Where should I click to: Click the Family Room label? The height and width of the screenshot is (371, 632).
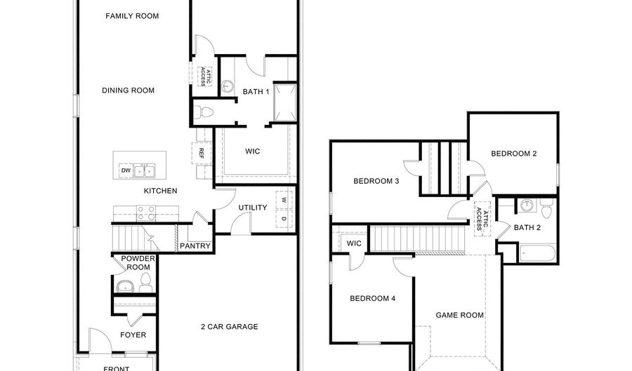pos(132,15)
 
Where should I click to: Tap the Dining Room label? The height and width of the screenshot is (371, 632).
pos(128,90)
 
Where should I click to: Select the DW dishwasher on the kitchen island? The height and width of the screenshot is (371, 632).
pos(126,170)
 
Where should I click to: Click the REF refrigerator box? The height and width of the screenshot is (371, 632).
pos(202,151)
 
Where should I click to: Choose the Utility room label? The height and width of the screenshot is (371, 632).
pos(252,208)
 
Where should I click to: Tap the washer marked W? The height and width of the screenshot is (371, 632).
pos(284,201)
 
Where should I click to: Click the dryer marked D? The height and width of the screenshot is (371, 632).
pos(284,220)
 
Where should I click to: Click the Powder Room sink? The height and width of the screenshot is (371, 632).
pos(126,286)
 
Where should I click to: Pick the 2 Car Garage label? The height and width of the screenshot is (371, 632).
pos(230,326)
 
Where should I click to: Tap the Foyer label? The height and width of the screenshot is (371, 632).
pos(133,335)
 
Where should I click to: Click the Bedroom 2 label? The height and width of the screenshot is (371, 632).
pos(513,154)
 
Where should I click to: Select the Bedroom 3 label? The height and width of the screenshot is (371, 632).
pos(376,181)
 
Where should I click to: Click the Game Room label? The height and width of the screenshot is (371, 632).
pos(460,316)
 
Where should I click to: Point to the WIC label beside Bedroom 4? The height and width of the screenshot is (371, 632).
pos(354,243)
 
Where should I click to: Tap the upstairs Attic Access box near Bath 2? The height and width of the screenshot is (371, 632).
pos(482,217)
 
